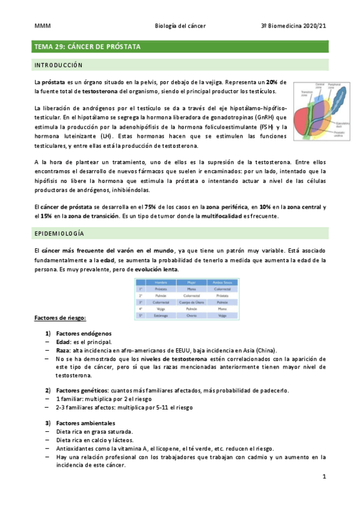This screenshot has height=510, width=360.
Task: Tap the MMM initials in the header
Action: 41,26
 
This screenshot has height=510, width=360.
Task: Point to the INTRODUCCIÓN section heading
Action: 58,64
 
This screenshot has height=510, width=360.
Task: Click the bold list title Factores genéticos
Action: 81,390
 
